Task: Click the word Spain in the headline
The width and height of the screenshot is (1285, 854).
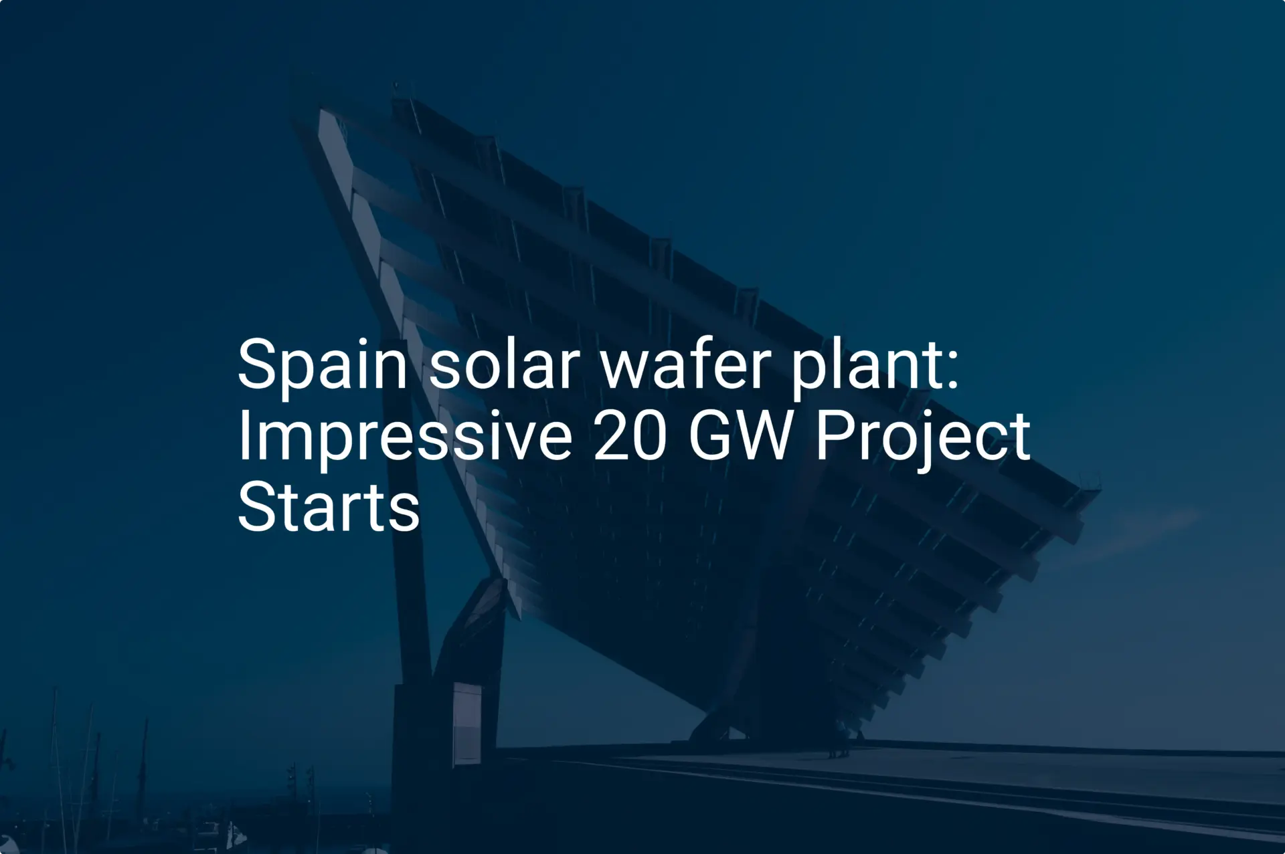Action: click(322, 364)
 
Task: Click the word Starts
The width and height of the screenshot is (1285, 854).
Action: click(329, 508)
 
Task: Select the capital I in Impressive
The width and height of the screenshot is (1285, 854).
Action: click(244, 436)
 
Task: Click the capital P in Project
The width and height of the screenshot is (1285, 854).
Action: click(833, 436)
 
